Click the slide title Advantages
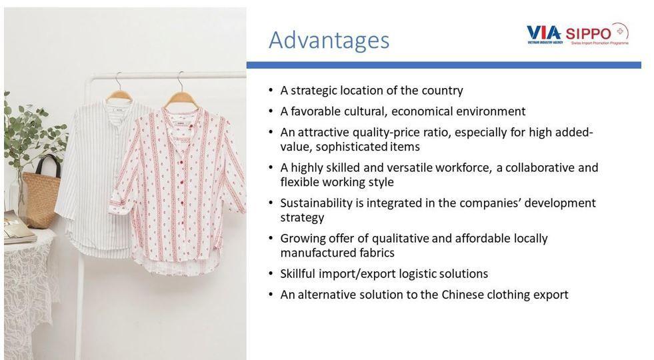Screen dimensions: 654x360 click(x=329, y=41)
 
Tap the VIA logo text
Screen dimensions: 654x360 click(x=543, y=33)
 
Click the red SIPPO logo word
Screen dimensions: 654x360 click(x=588, y=33)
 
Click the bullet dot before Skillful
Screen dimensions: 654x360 click(x=271, y=274)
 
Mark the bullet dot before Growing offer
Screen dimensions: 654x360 click(x=271, y=239)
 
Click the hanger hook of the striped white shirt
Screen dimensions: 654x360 click(x=119, y=81)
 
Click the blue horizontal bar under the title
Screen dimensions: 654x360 click(x=444, y=65)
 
